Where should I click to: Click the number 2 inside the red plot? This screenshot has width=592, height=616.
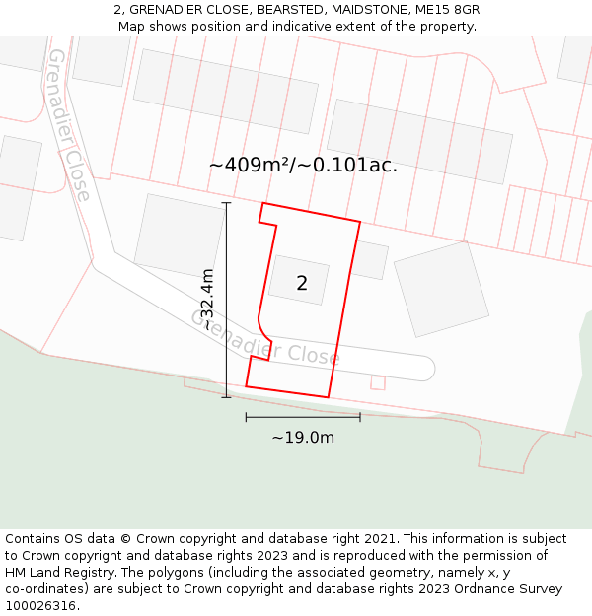click(x=302, y=284)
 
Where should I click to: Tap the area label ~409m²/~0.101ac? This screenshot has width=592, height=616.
click(x=303, y=165)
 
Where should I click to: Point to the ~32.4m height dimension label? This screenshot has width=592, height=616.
click(x=207, y=300)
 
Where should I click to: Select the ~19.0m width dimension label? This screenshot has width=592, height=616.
click(x=303, y=438)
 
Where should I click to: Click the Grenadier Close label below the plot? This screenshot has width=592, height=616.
click(x=264, y=338)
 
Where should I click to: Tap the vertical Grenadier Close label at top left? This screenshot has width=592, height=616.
click(x=69, y=124)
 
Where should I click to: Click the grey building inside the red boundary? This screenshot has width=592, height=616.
click(x=298, y=280)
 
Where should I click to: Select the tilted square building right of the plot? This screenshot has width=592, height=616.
click(x=441, y=290)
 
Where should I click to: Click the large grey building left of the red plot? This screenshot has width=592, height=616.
click(x=180, y=237)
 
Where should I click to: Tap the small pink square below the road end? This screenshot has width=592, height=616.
click(x=378, y=382)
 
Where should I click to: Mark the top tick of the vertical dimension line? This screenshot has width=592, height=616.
click(x=226, y=203)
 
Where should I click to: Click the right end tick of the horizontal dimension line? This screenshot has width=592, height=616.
click(x=360, y=417)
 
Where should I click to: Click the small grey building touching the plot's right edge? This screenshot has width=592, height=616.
click(x=369, y=259)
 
